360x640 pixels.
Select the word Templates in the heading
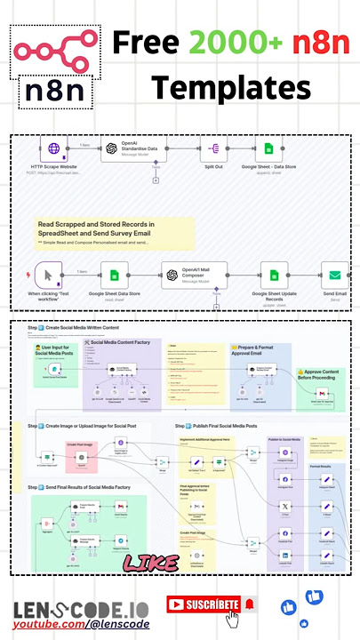pyautogui.click(x=230, y=88)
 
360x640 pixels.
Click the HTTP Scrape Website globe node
pyautogui.click(x=54, y=150)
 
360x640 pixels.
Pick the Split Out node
pyautogui.click(x=214, y=150)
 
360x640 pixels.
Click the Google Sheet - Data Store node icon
pyautogui.click(x=268, y=150)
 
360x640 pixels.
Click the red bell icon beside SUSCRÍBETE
pyautogui.click(x=249, y=604)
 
